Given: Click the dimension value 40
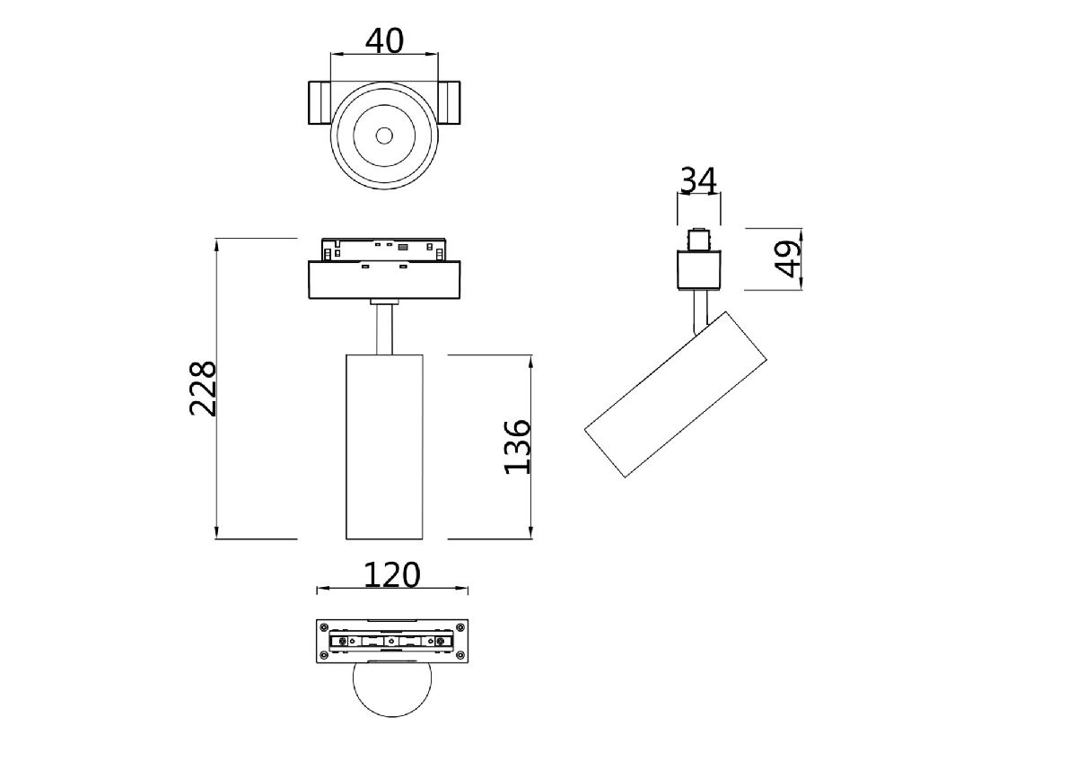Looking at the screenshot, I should [384, 40].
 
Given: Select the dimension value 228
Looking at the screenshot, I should [204, 388].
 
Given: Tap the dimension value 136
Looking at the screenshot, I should [518, 446].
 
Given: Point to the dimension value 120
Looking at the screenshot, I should [392, 574].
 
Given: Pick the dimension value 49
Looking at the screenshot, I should [788, 258].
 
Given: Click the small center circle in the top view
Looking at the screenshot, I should [384, 136].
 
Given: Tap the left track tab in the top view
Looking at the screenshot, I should [320, 103].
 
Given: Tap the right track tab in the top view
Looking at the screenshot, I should [449, 103].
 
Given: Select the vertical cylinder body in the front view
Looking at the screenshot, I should [384, 446].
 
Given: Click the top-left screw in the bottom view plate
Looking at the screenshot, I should [323, 626].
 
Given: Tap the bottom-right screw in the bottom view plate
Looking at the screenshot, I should [460, 655].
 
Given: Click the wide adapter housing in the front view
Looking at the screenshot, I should [384, 279].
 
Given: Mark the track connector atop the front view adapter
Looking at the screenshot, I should [384, 249].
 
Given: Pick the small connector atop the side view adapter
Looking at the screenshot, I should [698, 241].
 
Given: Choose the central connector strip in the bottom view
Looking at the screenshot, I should [391, 641].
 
